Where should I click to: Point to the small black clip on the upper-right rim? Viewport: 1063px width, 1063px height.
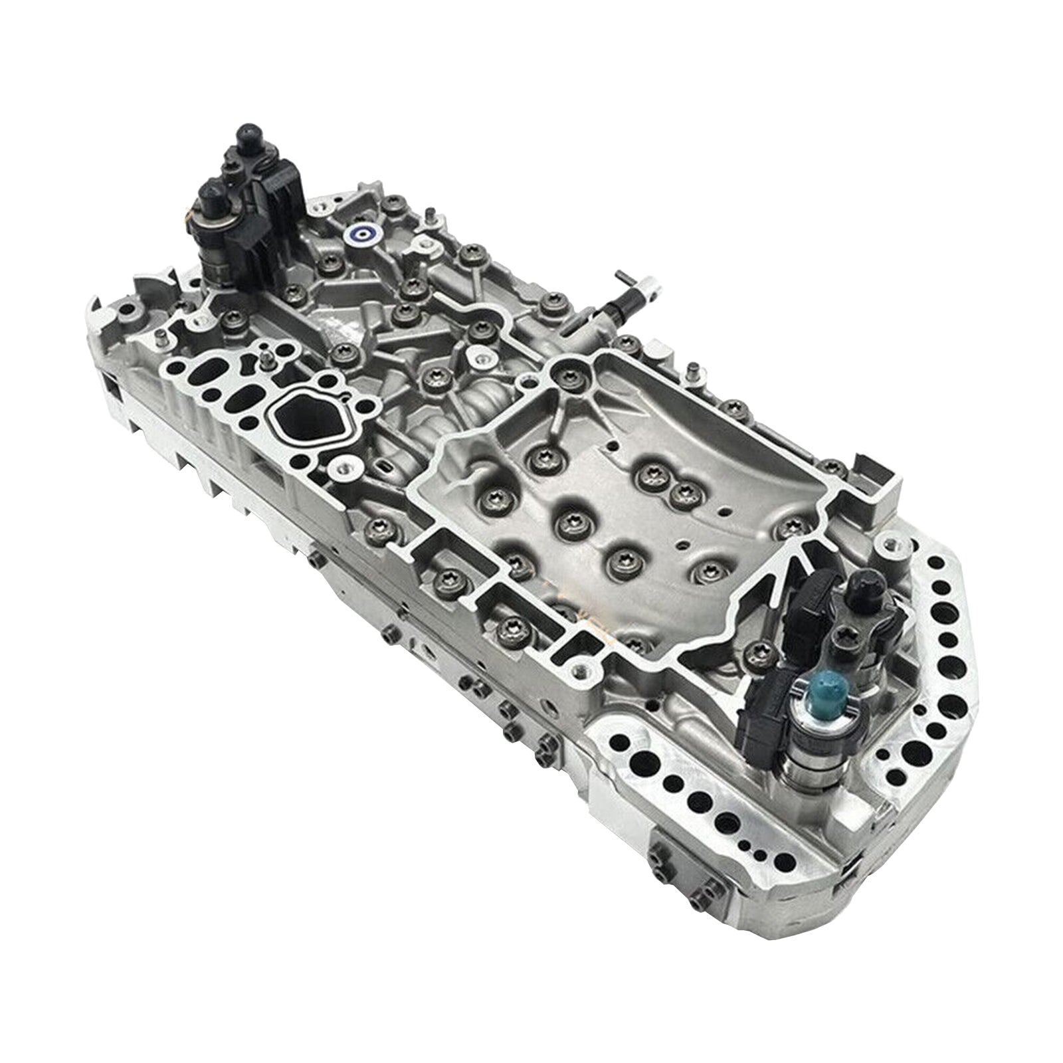click(x=867, y=462)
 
